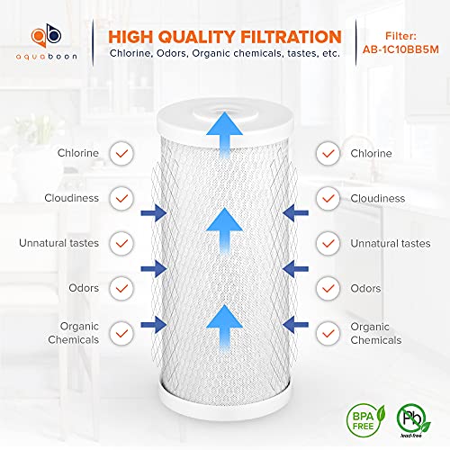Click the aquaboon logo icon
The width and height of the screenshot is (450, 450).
[x=46, y=35]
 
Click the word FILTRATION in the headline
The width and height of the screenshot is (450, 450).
[x=291, y=37]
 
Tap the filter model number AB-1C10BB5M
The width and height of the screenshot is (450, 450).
[x=400, y=49]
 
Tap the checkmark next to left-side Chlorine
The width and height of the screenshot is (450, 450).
[x=121, y=153]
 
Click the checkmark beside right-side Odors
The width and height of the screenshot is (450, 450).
[x=328, y=288]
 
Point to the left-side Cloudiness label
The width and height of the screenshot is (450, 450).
[x=71, y=198]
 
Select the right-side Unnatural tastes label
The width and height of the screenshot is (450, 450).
[x=391, y=243]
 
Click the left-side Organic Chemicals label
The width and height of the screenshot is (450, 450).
[x=74, y=333]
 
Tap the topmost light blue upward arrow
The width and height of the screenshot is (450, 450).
[x=224, y=134]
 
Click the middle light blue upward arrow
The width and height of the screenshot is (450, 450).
[x=224, y=231]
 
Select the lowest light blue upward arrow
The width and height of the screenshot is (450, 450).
[x=224, y=328]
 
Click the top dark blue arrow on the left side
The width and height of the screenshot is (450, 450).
[x=154, y=213]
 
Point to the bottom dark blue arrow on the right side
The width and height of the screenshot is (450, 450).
[x=295, y=324]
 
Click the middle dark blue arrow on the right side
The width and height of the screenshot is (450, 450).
[x=295, y=269]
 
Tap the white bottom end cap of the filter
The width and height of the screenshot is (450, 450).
[x=225, y=402]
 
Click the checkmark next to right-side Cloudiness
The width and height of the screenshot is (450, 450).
[x=328, y=198]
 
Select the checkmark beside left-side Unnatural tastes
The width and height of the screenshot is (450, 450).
[x=121, y=243]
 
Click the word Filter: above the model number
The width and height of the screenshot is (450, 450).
[x=400, y=36]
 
